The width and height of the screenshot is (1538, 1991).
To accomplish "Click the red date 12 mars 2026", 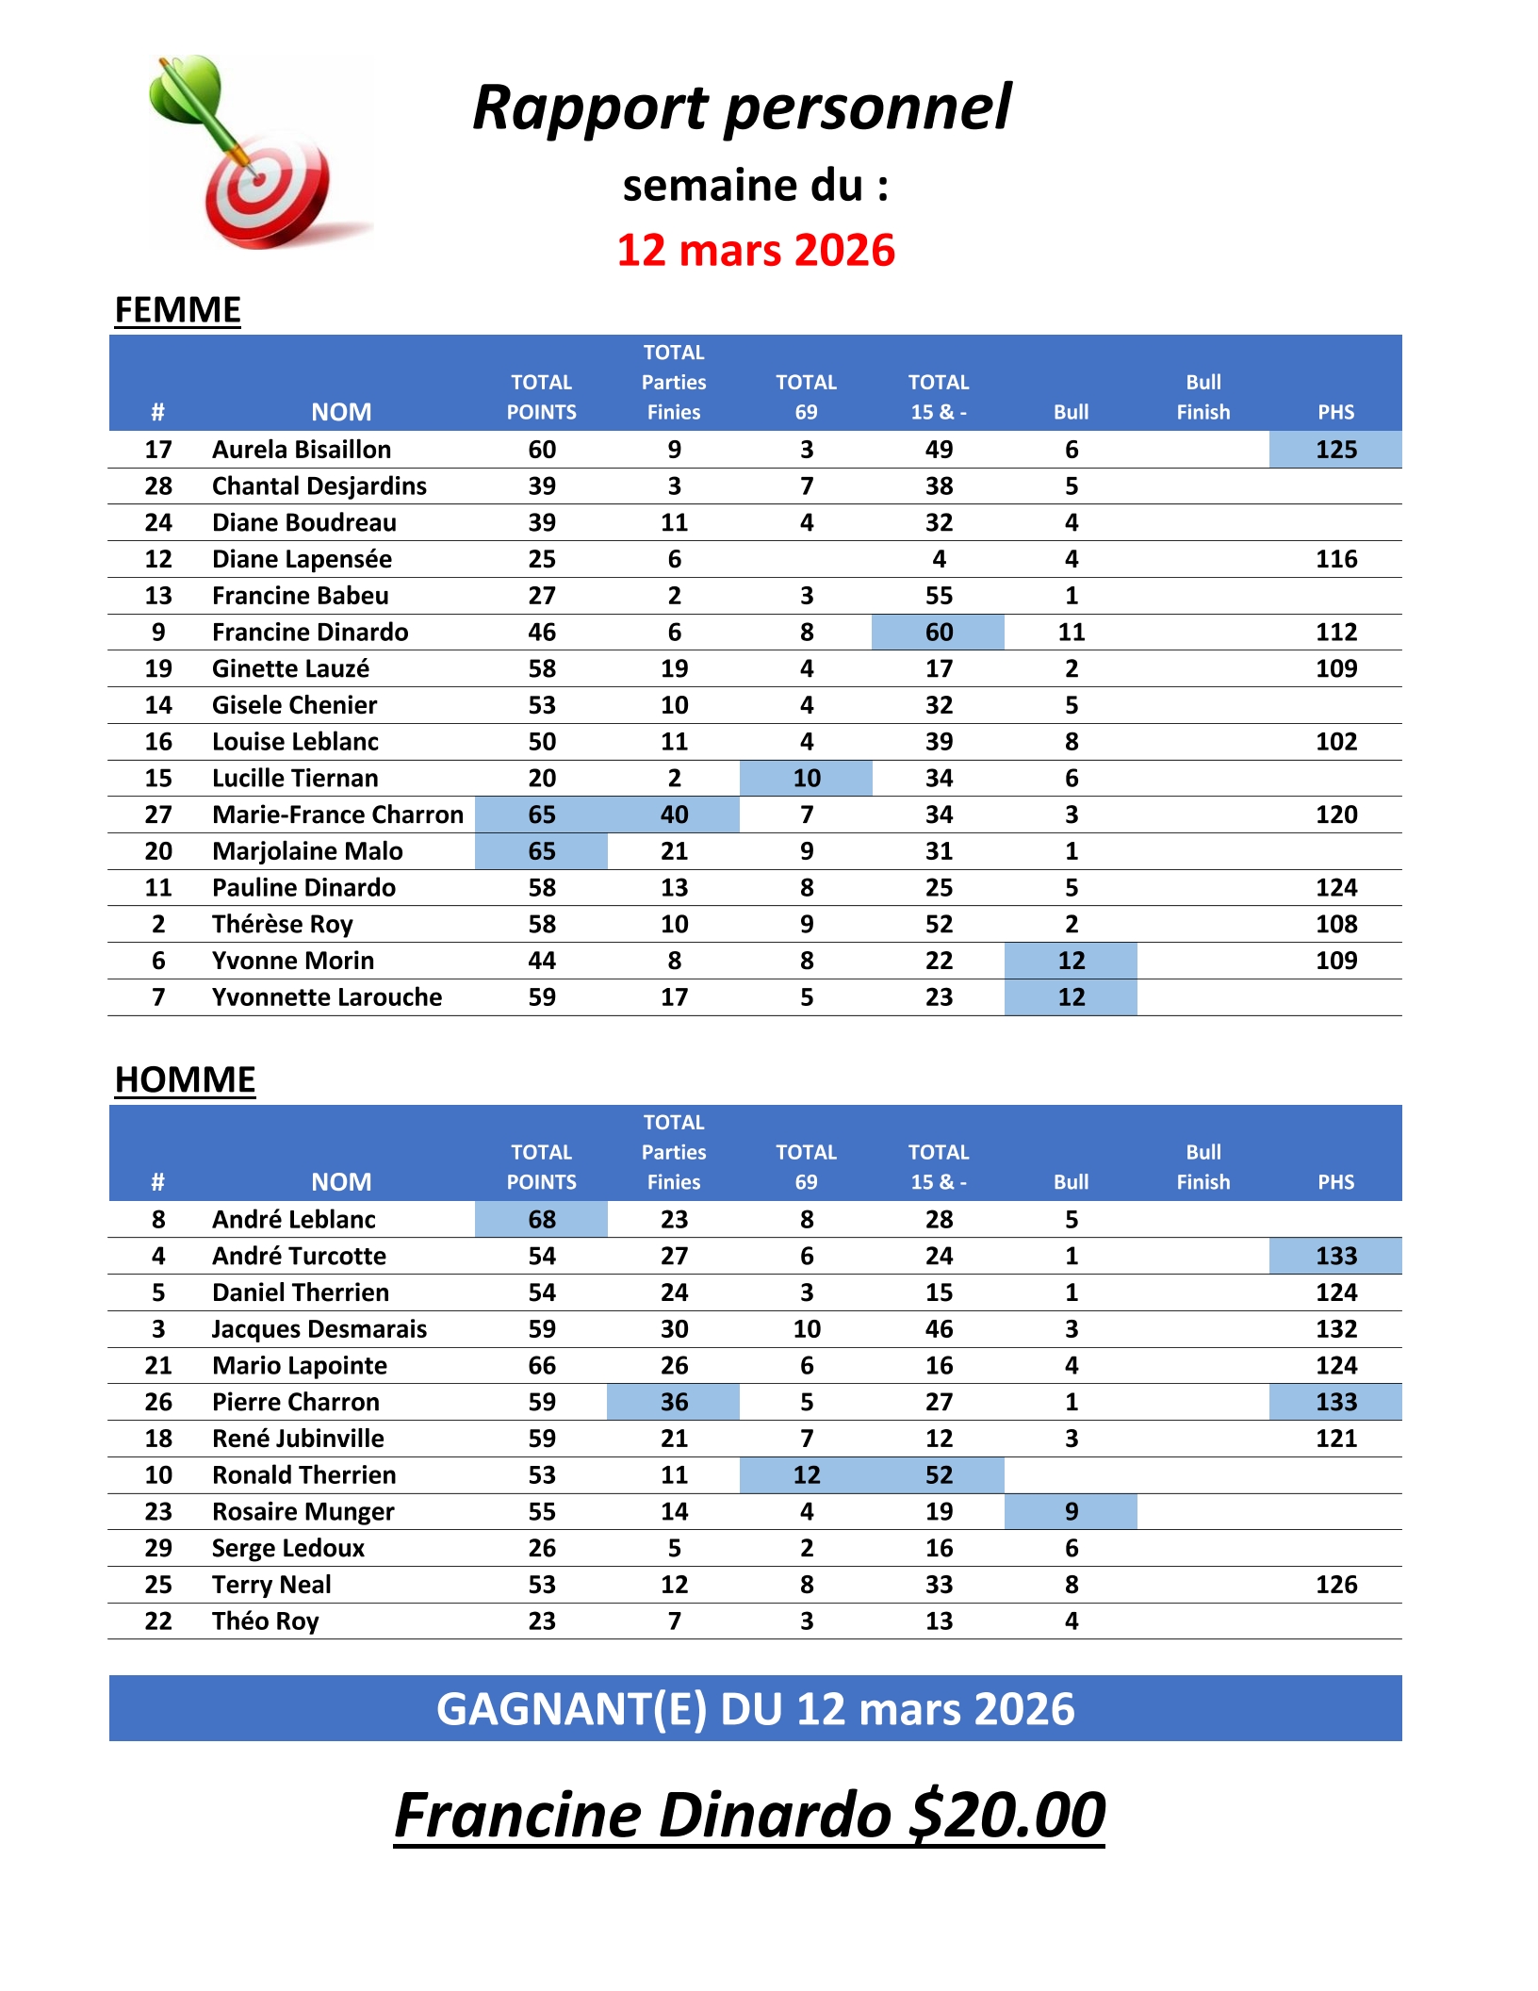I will tap(756, 251).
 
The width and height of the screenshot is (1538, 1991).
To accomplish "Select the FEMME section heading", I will tap(177, 310).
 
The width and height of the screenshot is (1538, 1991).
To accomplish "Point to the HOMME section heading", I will tap(185, 1079).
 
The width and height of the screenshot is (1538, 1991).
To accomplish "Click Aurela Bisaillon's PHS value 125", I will tap(1335, 450).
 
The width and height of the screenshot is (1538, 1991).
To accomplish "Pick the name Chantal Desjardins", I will tap(319, 486).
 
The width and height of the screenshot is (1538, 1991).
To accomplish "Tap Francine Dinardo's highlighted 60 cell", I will tap(939, 633).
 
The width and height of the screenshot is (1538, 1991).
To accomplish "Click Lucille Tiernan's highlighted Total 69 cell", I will tap(807, 779).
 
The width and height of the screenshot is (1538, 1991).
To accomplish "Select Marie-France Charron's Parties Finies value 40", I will tap(674, 814).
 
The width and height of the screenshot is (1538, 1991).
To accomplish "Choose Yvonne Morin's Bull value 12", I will tap(1071, 961).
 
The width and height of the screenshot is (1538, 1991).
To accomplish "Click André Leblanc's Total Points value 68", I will tap(542, 1220).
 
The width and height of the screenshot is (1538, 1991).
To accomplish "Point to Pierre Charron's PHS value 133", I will tap(1335, 1402).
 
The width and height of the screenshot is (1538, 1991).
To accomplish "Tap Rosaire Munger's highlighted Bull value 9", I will tap(1071, 1512).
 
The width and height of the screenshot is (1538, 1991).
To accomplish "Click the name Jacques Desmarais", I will tap(319, 1329).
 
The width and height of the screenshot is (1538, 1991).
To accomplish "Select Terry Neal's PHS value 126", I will tap(1335, 1585).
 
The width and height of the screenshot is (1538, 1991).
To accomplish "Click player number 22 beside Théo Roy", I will tap(158, 1621).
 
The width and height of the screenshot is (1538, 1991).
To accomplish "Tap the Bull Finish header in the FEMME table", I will tap(1203, 397).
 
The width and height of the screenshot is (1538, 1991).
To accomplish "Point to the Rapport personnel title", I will tap(742, 107).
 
